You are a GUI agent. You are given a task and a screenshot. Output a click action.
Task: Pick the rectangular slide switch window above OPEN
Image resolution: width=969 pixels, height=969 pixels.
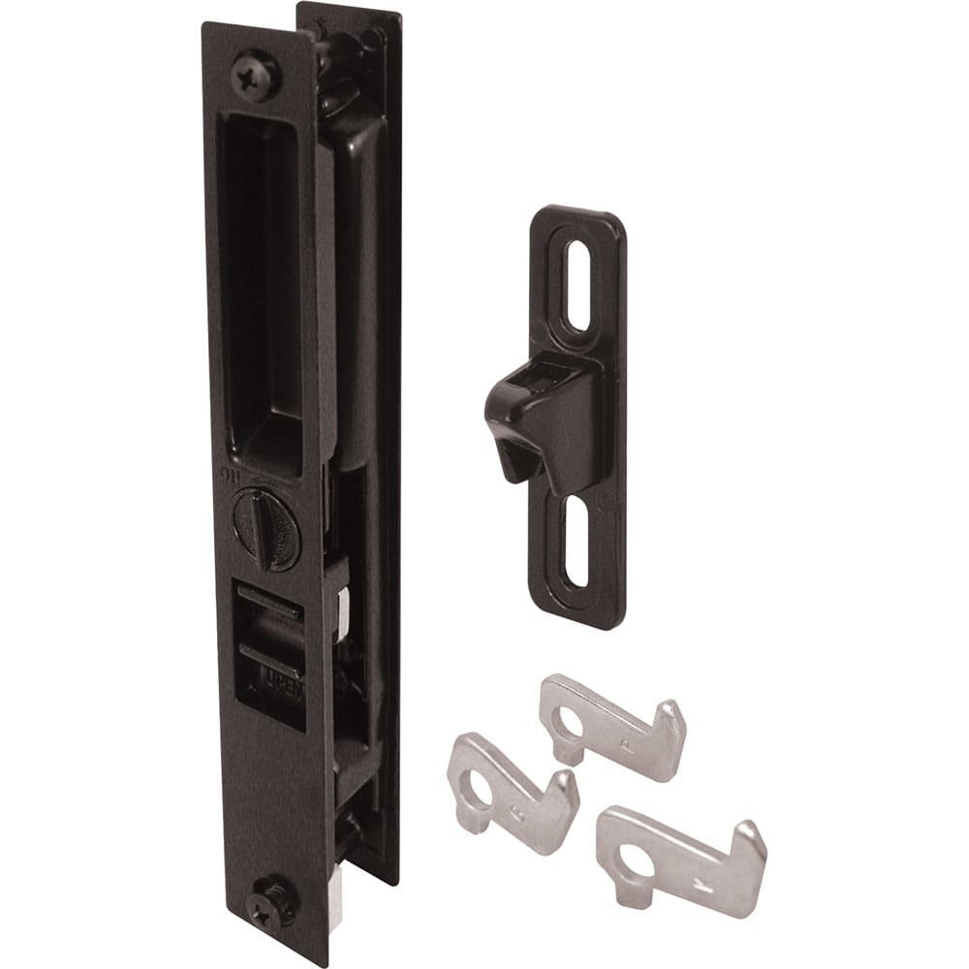[271, 620]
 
